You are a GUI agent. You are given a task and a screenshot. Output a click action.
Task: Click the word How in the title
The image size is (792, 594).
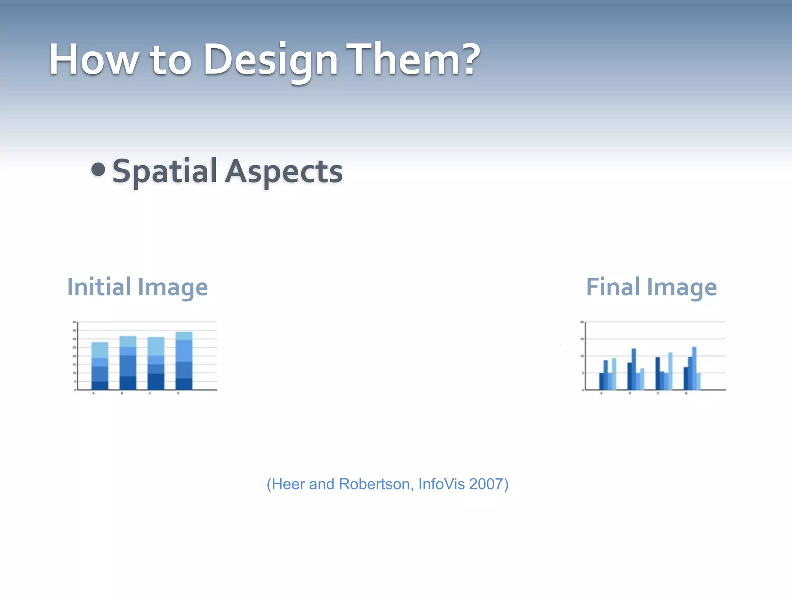(x=93, y=60)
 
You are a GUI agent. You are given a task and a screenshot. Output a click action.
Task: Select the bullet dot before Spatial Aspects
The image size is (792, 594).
(x=98, y=169)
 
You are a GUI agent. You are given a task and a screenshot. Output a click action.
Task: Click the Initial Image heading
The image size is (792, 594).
(x=137, y=287)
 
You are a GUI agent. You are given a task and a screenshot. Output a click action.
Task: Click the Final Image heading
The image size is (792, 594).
(x=651, y=287)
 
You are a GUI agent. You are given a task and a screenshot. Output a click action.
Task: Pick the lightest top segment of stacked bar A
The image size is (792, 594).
(x=100, y=350)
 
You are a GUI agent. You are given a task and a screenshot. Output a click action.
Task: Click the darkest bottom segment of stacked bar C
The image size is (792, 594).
(x=156, y=381)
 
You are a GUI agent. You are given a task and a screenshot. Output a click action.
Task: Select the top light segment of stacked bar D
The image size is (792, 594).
(x=184, y=336)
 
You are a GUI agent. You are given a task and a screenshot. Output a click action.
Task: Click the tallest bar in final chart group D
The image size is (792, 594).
(x=694, y=368)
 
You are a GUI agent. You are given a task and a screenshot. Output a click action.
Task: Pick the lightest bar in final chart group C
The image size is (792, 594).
(x=670, y=371)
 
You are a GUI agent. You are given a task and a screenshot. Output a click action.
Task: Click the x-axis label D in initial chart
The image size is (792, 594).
(x=178, y=393)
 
